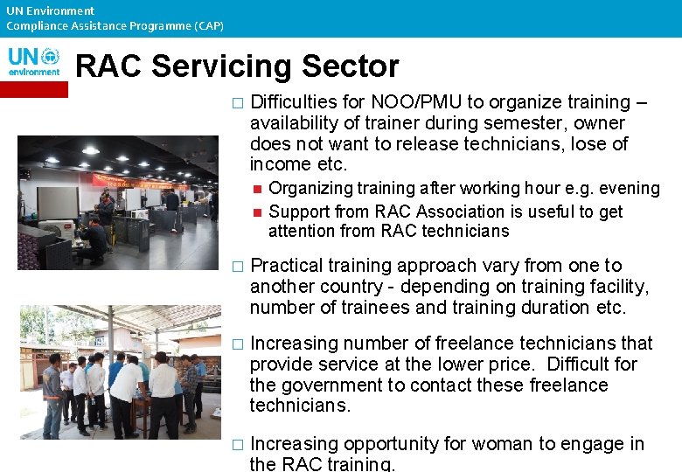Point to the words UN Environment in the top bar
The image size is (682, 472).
click(x=50, y=10)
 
